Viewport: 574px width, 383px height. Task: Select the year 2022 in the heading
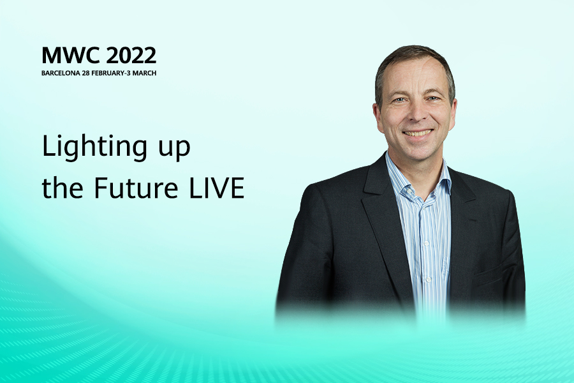point(132,56)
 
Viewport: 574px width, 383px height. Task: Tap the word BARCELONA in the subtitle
point(61,73)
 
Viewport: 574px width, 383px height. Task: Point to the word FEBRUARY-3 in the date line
point(111,73)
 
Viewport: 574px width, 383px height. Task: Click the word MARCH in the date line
point(144,73)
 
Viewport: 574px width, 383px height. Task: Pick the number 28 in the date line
point(85,73)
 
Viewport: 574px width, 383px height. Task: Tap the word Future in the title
point(136,188)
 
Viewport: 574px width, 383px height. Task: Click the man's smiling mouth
point(418,133)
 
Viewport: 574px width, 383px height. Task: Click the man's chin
point(418,149)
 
